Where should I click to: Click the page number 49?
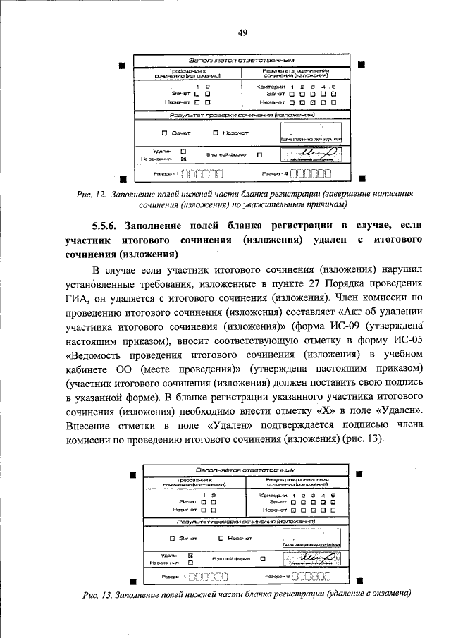click(242, 33)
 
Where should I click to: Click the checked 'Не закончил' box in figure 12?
click(183, 159)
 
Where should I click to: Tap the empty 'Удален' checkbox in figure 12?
click(183, 151)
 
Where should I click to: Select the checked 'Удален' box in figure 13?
click(190, 555)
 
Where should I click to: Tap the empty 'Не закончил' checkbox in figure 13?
click(190, 563)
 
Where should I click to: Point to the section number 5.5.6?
click(108, 226)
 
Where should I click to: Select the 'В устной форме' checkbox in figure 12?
click(260, 155)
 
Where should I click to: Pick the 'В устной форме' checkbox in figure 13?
click(262, 559)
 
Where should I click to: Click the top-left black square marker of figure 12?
click(122, 66)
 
